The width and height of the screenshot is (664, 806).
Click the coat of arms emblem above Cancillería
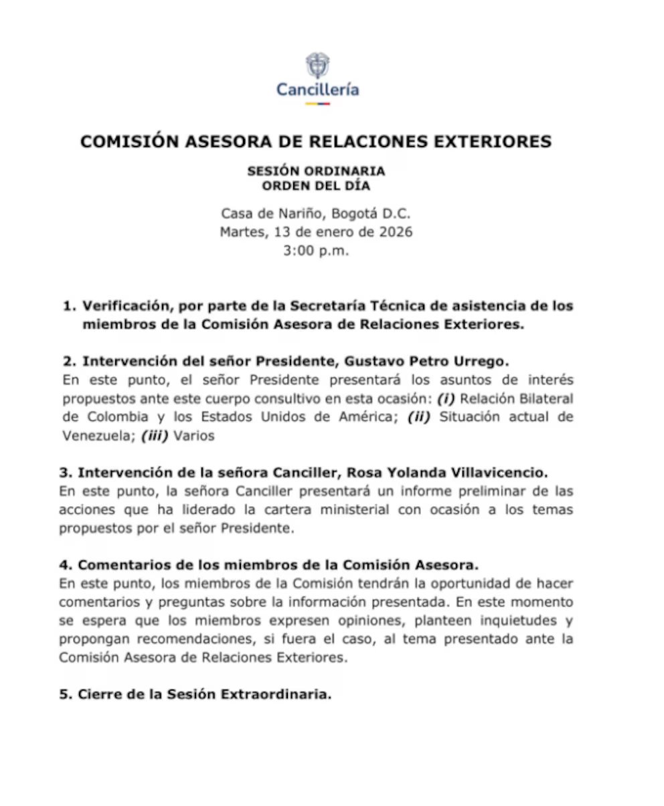[x=317, y=65]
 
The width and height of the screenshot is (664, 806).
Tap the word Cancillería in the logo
[x=317, y=90]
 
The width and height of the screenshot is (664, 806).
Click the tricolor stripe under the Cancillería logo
[x=317, y=104]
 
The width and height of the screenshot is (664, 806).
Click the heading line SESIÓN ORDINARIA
[x=316, y=171]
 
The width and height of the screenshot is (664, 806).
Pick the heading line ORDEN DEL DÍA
[x=316, y=185]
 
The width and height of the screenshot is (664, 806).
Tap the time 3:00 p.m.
[x=317, y=251]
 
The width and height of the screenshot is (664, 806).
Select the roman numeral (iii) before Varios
[x=155, y=435]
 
